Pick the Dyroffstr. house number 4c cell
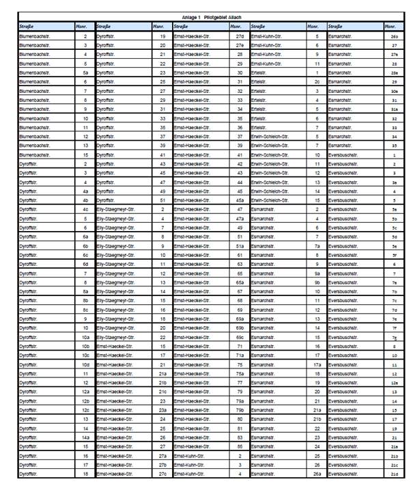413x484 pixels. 85,210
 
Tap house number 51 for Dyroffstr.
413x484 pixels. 162,201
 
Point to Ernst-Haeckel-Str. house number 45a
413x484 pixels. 240,201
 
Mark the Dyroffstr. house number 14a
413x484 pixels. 85,437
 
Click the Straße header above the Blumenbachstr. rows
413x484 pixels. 27,26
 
